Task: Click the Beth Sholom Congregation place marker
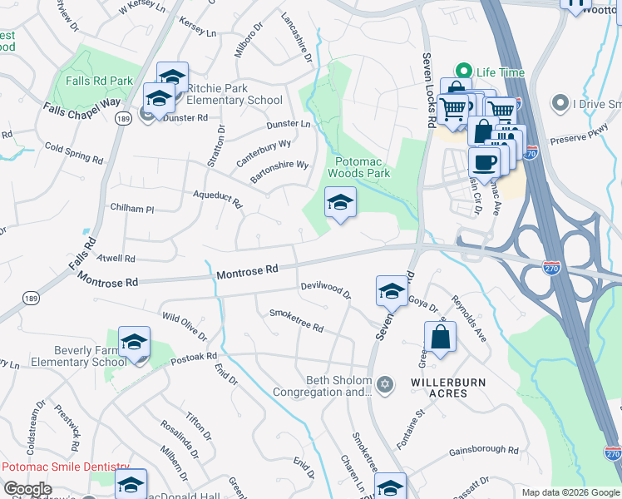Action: pos(384,383)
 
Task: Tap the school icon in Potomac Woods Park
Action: pos(339,203)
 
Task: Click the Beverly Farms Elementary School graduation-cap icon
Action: pos(134,343)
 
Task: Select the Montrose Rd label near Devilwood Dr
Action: pos(247,271)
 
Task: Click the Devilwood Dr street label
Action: pos(326,290)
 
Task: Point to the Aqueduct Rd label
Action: pos(216,197)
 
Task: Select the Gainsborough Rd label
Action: pos(483,451)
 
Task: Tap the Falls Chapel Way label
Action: pos(82,108)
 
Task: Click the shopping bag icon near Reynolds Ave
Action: pos(440,337)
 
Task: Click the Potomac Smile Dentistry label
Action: pos(66,467)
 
